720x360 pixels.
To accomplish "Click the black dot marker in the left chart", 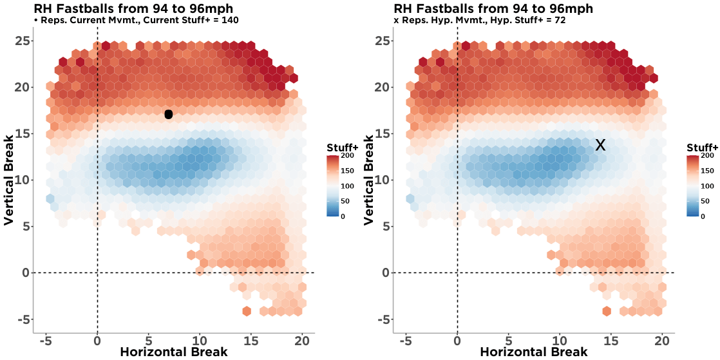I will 169,115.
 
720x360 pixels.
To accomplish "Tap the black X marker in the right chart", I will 600,145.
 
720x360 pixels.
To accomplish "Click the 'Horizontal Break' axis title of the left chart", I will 173,352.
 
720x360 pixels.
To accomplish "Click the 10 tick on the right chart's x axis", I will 560,340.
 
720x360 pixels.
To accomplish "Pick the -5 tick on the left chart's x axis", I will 46,340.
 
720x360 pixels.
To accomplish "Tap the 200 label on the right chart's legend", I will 707,156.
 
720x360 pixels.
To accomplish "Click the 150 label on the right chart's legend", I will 707,171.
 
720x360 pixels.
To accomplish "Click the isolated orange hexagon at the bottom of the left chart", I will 246,311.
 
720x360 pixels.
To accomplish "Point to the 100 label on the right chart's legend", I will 707,186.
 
